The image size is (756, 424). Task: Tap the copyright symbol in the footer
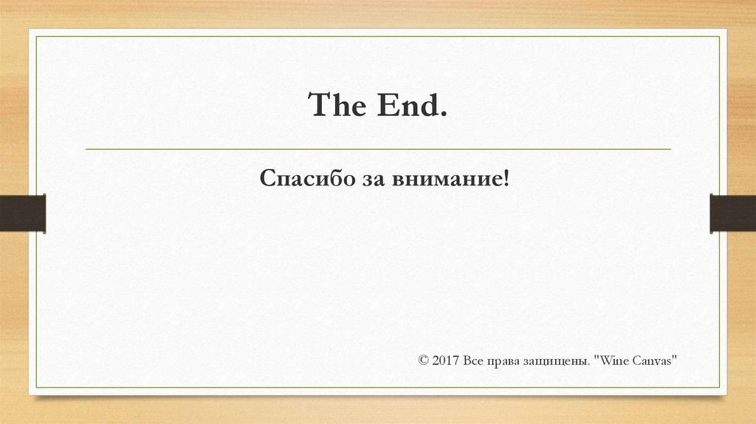coord(423,360)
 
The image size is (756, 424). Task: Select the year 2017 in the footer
coord(447,360)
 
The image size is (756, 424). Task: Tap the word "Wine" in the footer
coord(611,360)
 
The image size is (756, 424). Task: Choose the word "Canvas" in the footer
coord(653,360)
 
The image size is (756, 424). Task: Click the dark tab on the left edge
coord(22,213)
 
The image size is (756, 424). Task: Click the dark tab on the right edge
coord(733,213)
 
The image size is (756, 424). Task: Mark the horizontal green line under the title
coord(378,149)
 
